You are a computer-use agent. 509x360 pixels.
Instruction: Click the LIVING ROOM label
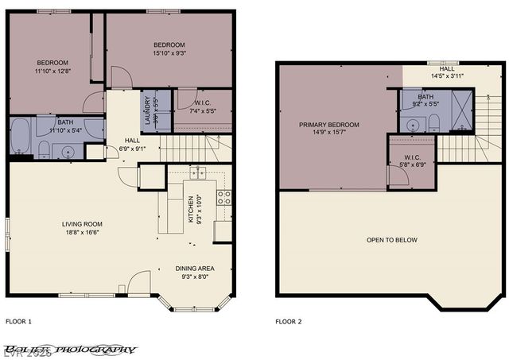pos(82,224)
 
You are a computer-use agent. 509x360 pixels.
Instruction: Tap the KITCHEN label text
pos(188,209)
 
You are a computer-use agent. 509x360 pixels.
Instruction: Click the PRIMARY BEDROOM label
pos(328,125)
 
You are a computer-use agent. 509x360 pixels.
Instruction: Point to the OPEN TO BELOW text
pos(391,240)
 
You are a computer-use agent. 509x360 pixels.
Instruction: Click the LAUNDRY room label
pos(146,109)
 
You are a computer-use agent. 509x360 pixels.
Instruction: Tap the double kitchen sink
pos(198,172)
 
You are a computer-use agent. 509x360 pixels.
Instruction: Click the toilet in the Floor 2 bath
pos(434,123)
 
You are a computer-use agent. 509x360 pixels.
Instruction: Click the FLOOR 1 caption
pos(18,322)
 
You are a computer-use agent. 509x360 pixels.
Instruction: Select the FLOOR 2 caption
pos(289,322)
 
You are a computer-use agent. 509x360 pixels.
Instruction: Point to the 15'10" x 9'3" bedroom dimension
pos(169,53)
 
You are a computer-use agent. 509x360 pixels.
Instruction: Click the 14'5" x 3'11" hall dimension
pos(446,75)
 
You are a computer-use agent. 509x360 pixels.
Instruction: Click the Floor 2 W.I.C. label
pos(412,157)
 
